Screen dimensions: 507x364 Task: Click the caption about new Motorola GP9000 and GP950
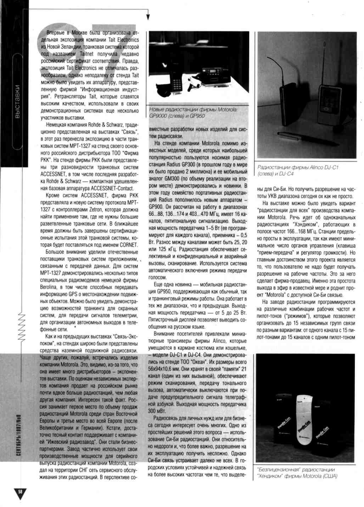194,113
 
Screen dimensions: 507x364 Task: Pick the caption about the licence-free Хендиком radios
297,473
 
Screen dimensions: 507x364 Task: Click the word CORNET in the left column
128,245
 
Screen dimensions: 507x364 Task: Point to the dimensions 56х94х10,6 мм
168,369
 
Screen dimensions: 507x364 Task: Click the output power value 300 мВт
157,411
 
